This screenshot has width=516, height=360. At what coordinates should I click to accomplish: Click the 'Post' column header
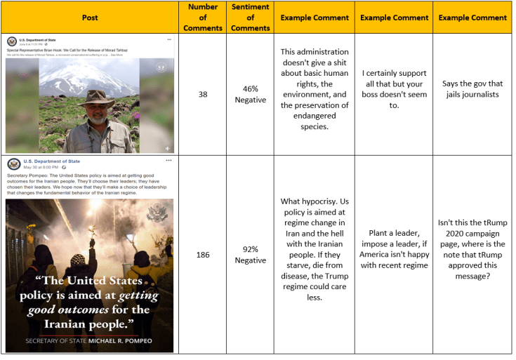89,18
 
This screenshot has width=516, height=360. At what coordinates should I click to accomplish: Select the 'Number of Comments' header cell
203,18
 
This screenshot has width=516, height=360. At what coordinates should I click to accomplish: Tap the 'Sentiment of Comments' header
251,18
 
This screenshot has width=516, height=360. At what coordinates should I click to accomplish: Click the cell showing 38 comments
203,94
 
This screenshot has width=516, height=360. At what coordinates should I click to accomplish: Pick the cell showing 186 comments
203,255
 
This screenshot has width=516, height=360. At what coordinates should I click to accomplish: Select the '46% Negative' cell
251,94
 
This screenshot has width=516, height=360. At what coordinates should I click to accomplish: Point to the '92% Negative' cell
251,255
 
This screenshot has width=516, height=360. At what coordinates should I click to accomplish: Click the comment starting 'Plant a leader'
393,249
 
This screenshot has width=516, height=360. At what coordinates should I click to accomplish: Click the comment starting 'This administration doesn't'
314,89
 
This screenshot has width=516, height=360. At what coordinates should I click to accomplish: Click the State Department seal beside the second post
14,164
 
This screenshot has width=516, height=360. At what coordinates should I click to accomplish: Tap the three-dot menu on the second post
168,161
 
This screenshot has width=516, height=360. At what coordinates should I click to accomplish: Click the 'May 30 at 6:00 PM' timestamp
41,168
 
